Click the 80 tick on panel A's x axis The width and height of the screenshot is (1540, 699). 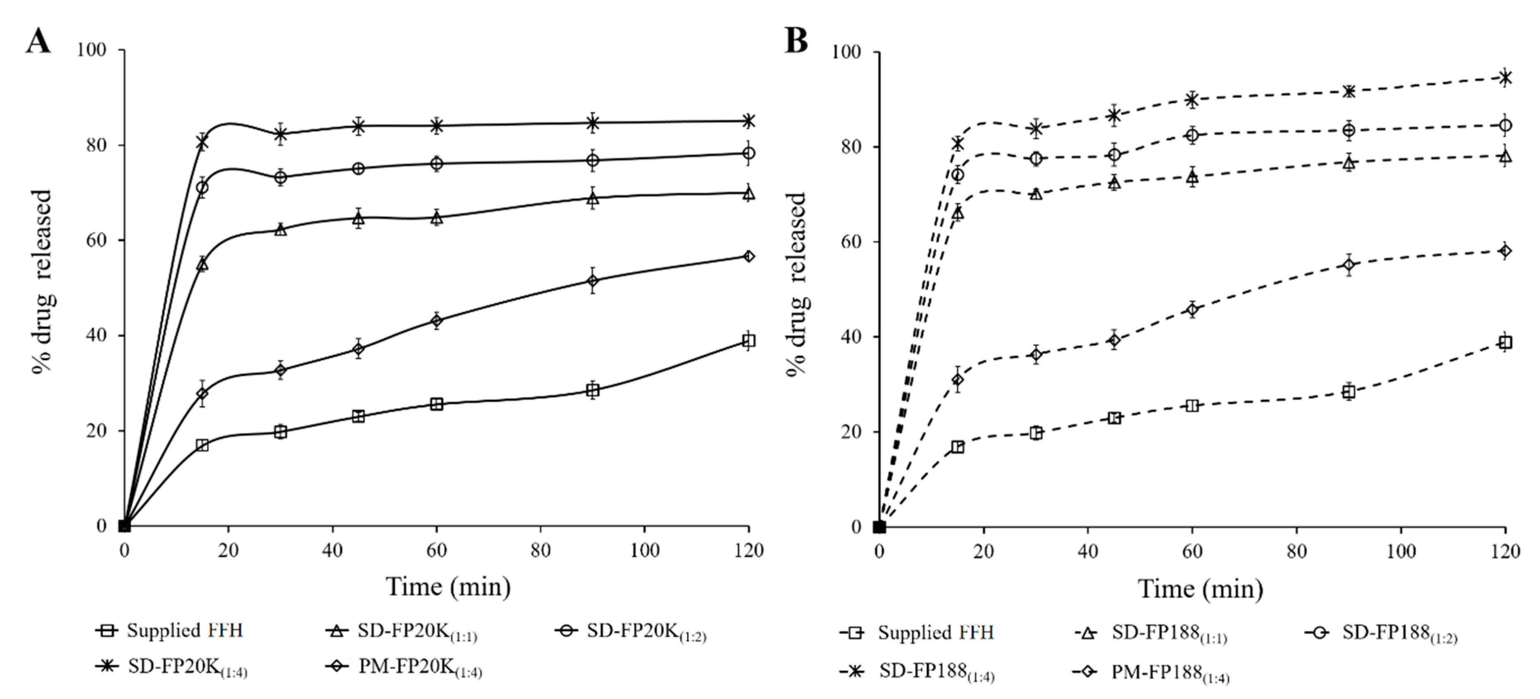pos(541,550)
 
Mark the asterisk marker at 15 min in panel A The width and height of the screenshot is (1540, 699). pos(202,142)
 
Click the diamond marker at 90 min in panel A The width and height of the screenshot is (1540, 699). pos(592,281)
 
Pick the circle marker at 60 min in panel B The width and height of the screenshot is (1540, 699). pos(1192,136)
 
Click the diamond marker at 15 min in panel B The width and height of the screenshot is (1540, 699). pos(958,380)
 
